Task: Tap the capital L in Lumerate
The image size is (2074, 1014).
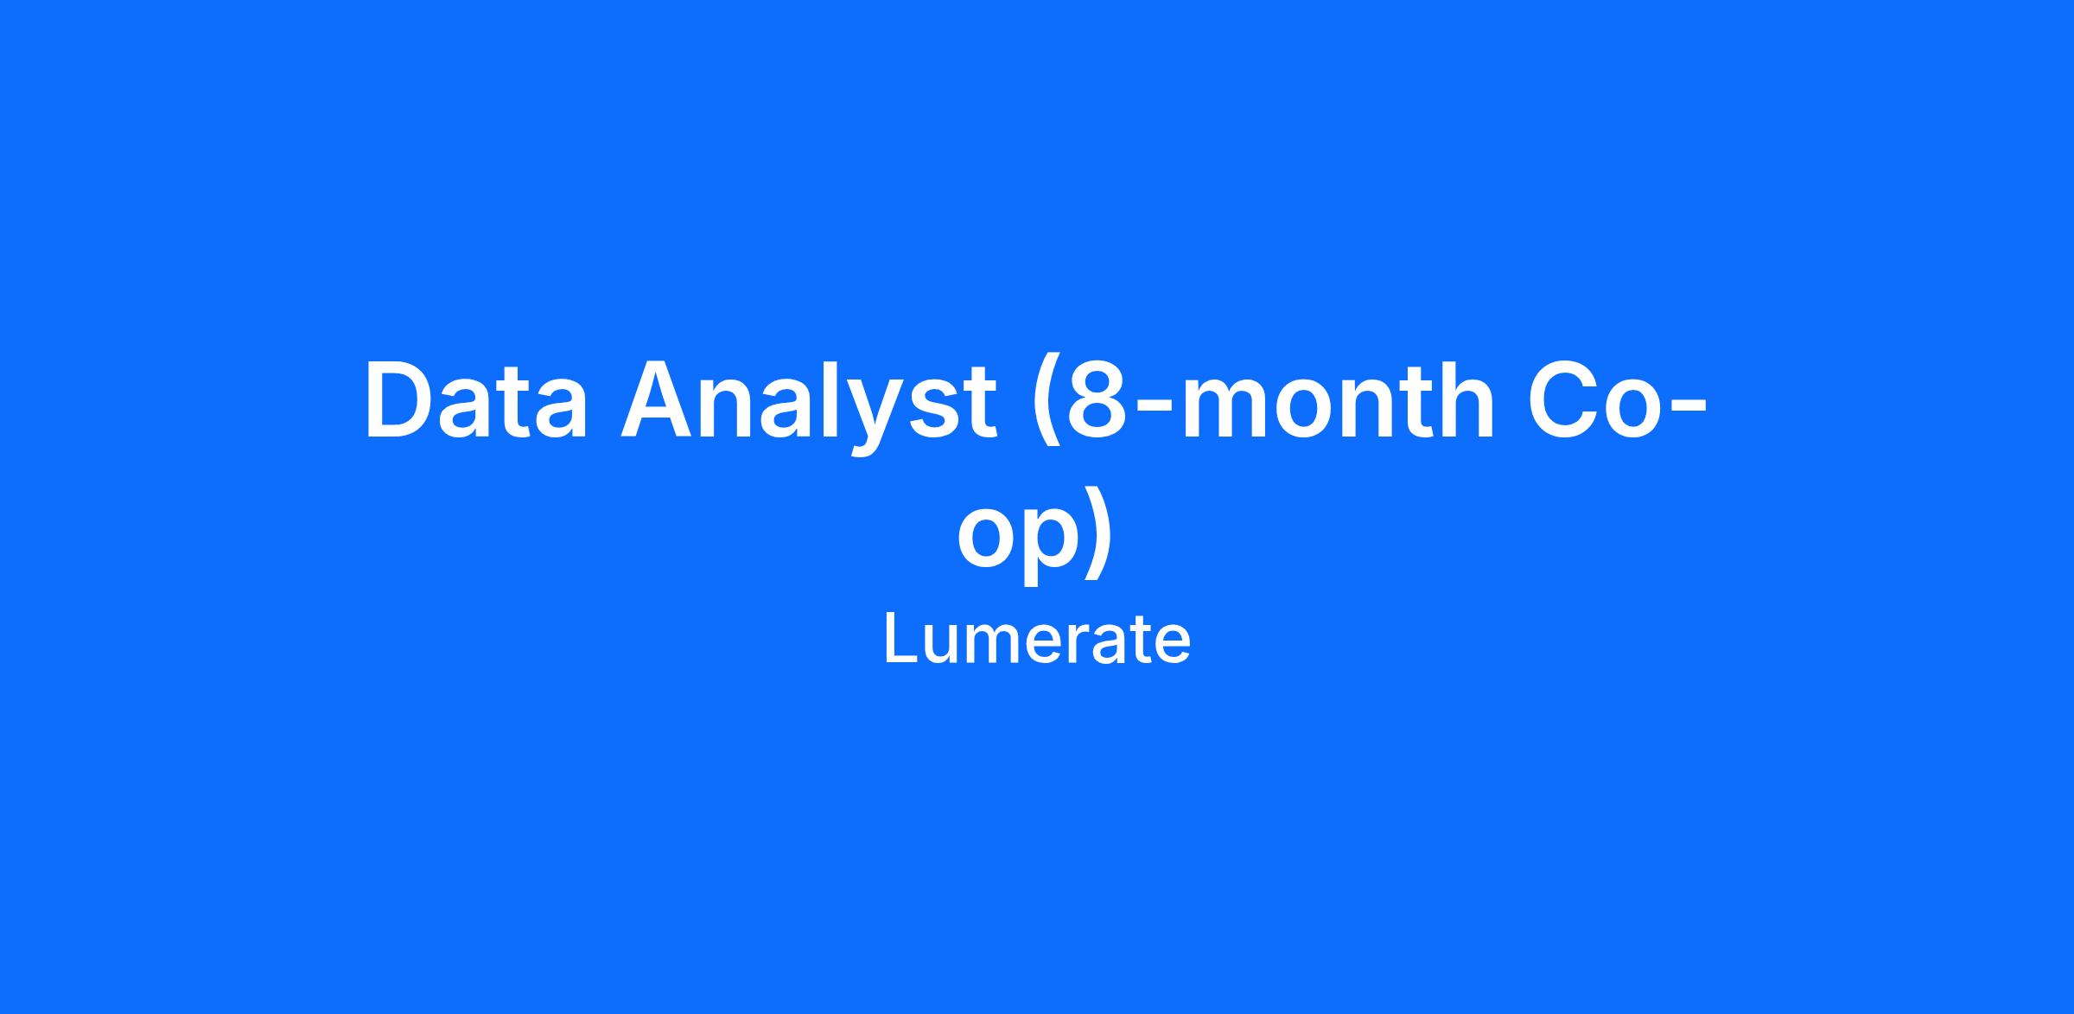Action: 900,639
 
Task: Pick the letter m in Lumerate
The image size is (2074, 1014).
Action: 991,646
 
